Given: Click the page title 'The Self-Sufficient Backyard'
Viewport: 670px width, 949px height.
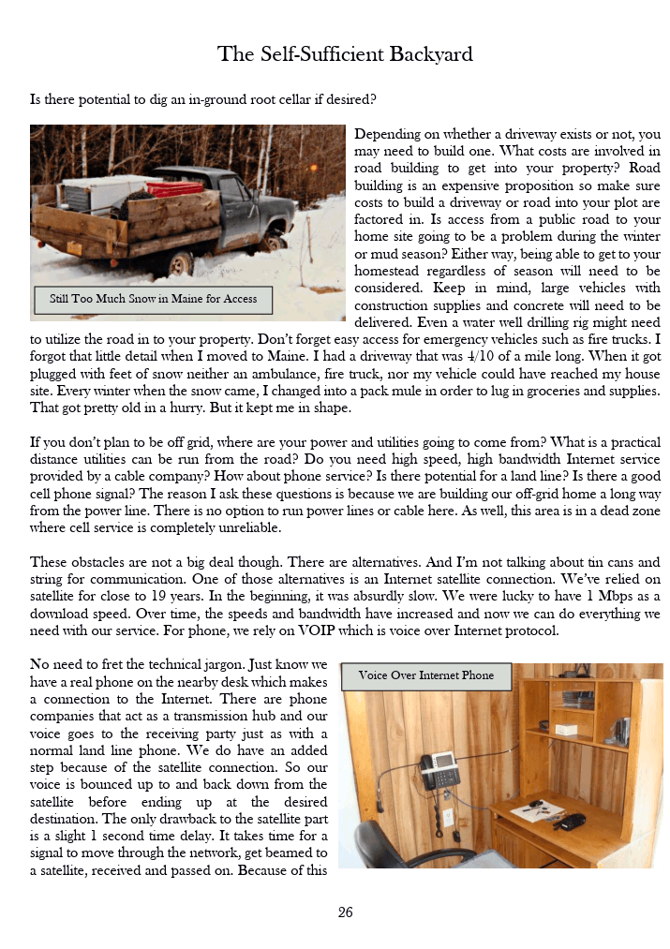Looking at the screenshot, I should point(345,53).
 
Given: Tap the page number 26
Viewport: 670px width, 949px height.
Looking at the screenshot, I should point(345,912).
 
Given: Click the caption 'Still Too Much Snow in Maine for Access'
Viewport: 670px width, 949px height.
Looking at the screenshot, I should point(153,300).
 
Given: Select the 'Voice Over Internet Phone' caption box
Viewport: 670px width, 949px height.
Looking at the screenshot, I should point(425,675).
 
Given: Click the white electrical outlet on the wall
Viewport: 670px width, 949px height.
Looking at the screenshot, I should point(449,817).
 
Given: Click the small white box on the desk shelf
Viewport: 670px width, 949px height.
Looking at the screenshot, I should point(564,730).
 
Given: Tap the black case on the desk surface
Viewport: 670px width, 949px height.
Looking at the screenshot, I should point(569,821).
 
